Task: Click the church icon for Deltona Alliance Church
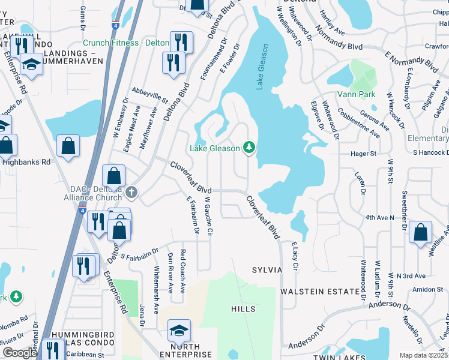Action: pos(131,193)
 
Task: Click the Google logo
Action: pos(19,353)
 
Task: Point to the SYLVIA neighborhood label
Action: pos(267,270)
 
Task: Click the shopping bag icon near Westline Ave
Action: pos(421,233)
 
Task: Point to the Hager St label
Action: pos(364,154)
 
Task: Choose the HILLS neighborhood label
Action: pos(243,309)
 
